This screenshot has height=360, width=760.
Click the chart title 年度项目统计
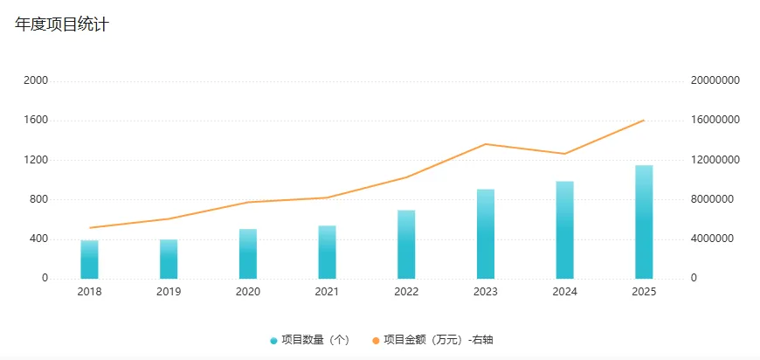(x=61, y=24)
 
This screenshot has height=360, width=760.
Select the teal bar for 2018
(x=89, y=260)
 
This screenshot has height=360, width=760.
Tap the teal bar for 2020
(x=248, y=253)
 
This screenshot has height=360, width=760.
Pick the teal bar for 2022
(x=406, y=245)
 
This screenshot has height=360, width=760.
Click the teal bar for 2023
(x=486, y=234)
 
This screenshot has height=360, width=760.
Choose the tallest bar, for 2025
(x=644, y=222)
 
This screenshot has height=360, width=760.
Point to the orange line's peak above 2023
(x=486, y=144)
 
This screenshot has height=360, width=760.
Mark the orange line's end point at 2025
(x=644, y=121)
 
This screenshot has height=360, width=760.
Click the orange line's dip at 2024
(x=565, y=154)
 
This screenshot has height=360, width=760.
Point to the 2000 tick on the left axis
(x=36, y=80)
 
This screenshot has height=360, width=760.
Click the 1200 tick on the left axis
(x=36, y=160)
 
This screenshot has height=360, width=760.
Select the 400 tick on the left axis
(x=38, y=239)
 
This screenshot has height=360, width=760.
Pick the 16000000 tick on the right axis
(x=715, y=121)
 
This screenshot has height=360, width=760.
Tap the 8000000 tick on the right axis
(x=713, y=199)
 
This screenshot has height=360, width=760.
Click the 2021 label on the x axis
(x=327, y=292)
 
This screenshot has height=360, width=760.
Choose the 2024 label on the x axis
(x=565, y=292)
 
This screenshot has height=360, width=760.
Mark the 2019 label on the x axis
(x=169, y=292)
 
